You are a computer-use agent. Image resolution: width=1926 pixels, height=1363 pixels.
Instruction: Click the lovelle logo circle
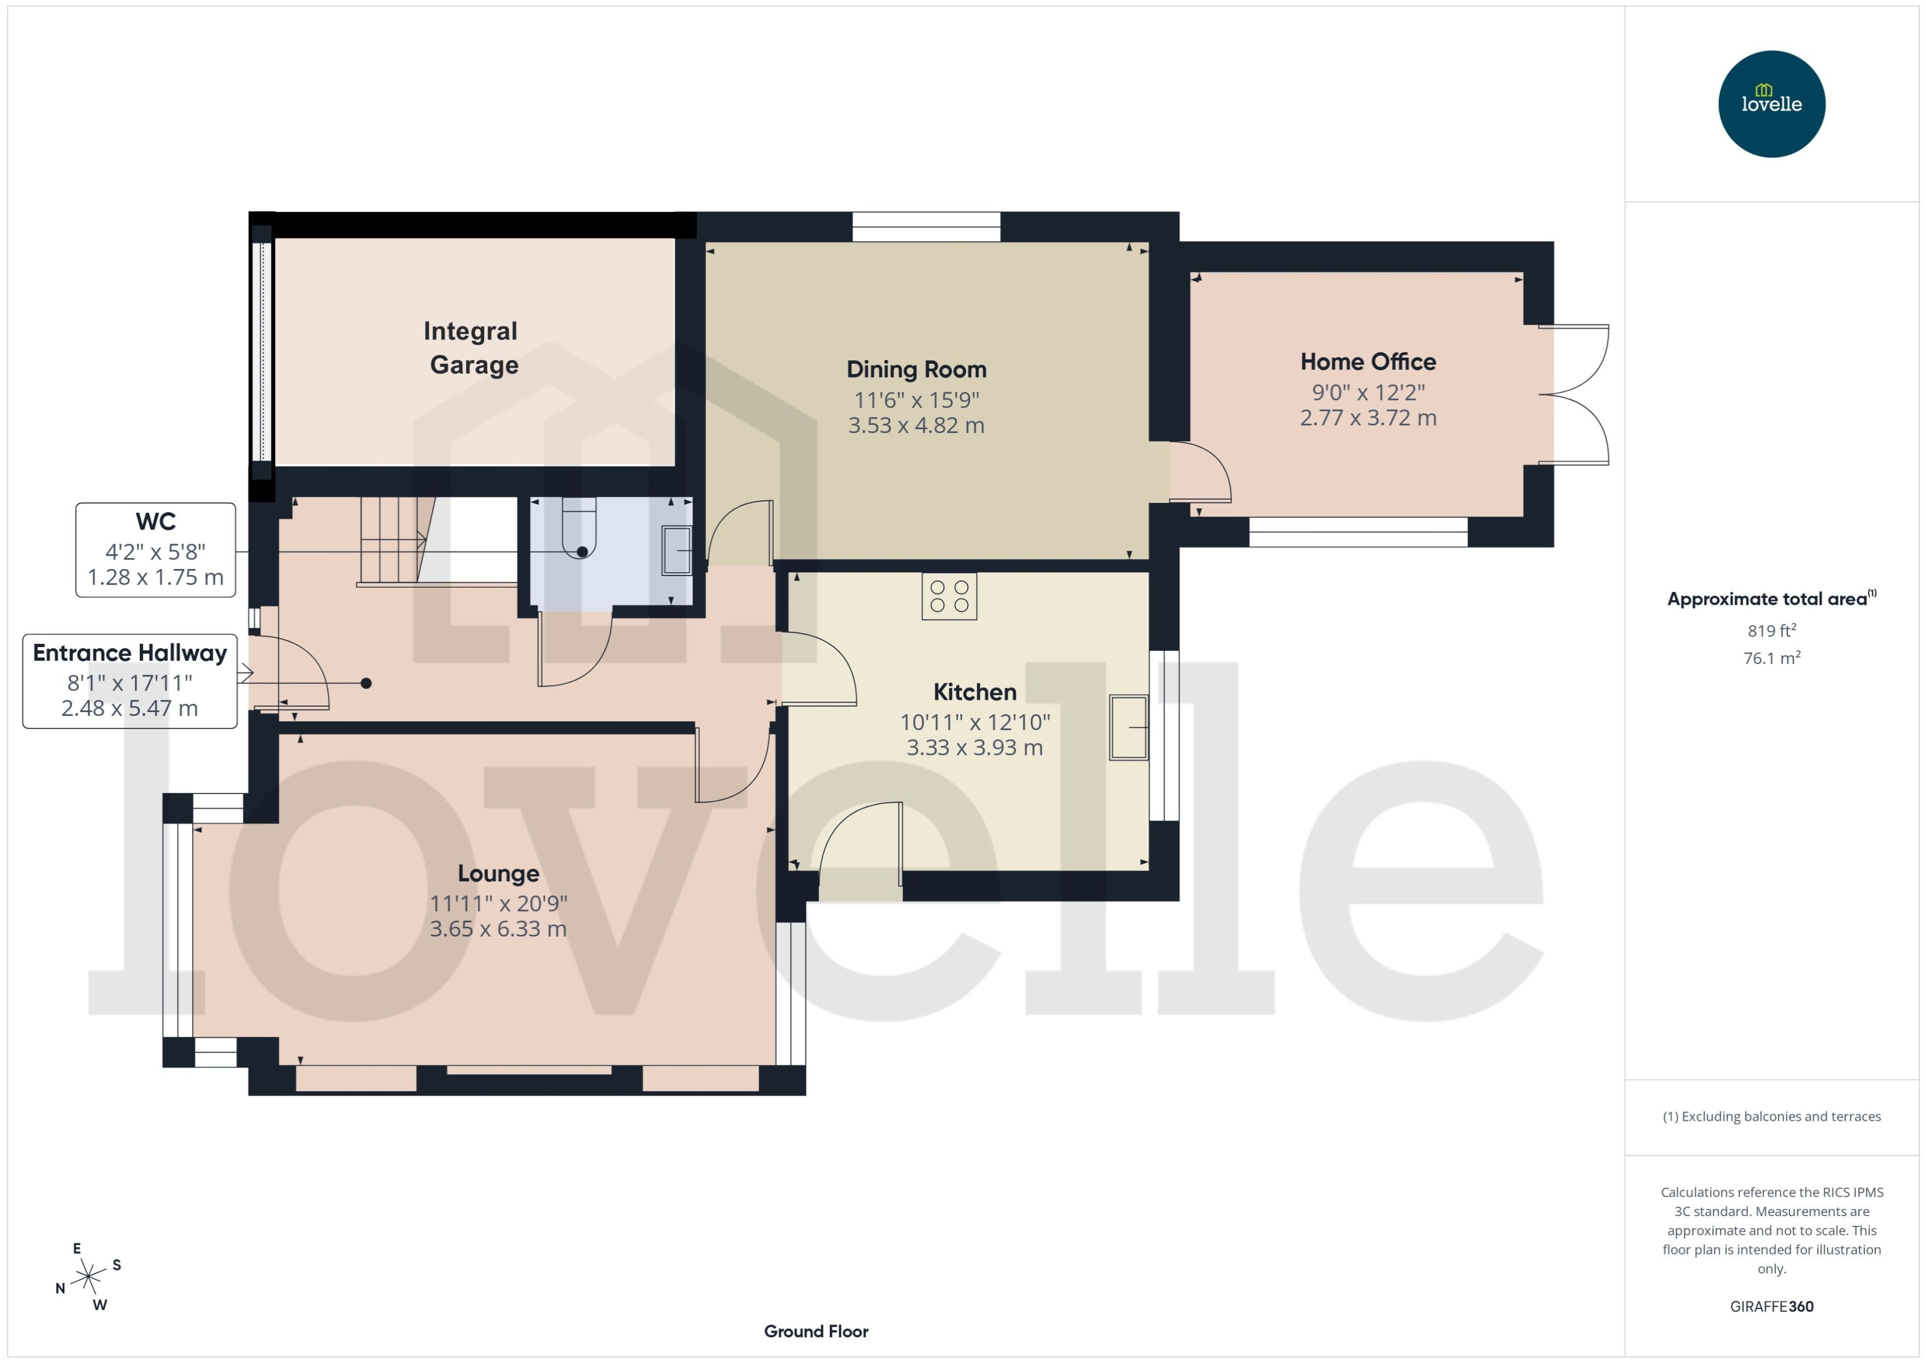(x=1771, y=104)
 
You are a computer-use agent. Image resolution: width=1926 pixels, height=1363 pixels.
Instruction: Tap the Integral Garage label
(x=472, y=347)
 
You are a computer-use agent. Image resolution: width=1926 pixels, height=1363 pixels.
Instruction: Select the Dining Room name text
(x=916, y=369)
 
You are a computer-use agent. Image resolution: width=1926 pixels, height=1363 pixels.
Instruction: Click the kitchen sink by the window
(x=1128, y=727)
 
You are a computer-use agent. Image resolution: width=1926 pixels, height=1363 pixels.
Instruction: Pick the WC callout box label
(x=155, y=522)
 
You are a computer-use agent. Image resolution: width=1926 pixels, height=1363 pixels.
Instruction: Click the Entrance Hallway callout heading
(x=130, y=653)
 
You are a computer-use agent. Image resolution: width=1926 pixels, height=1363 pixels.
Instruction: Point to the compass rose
(x=88, y=1277)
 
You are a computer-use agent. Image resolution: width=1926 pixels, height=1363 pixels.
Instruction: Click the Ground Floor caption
(x=815, y=1331)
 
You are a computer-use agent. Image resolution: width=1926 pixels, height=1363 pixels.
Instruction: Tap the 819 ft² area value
(x=1771, y=630)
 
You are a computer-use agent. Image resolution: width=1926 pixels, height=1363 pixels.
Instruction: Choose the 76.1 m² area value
(x=1771, y=658)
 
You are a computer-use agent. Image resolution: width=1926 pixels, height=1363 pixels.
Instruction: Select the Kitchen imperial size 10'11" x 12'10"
(x=975, y=722)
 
